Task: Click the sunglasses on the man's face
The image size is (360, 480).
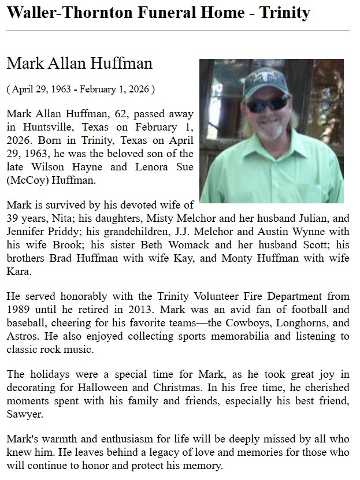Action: tap(267, 105)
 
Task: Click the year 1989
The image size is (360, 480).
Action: tap(19, 310)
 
